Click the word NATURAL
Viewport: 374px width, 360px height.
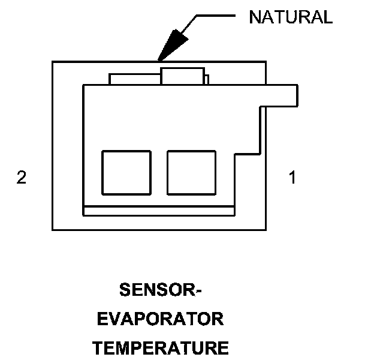291,17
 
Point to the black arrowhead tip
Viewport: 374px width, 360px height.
158,60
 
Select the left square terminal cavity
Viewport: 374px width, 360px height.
126,172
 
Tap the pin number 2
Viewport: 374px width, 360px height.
22,178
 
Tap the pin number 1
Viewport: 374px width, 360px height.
292,178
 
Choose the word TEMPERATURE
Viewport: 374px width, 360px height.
161,347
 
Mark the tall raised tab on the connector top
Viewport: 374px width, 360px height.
182,76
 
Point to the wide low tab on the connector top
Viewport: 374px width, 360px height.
134,79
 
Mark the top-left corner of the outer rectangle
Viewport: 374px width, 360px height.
53,62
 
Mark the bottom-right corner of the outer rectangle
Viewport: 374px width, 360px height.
266,230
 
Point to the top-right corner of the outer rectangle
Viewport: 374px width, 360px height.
266,62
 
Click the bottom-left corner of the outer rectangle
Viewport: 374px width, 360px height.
53,230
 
